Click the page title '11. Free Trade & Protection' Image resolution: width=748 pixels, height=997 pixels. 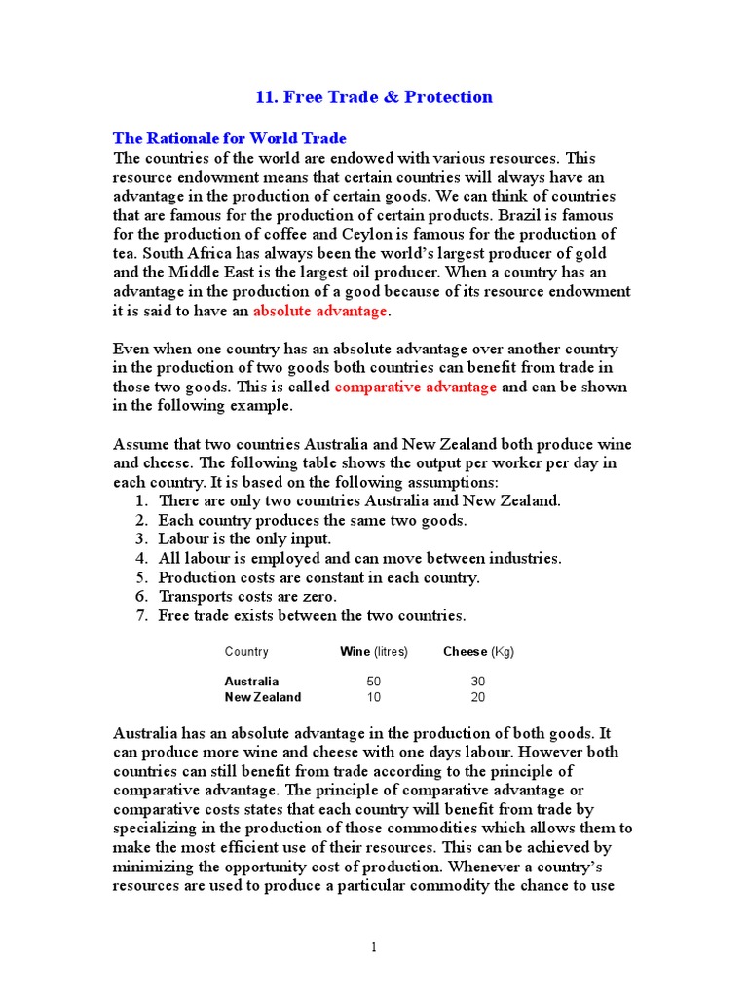point(374,96)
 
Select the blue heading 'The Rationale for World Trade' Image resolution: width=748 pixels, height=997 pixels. point(230,138)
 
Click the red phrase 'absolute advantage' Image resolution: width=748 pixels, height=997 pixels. point(320,311)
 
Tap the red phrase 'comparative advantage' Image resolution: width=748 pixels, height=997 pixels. point(416,387)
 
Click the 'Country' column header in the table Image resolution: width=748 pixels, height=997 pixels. point(246,652)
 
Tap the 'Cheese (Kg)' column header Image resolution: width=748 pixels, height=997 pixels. point(478,652)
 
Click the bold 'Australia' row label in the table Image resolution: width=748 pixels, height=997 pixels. point(251,682)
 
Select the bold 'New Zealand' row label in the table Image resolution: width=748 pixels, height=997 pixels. point(263,697)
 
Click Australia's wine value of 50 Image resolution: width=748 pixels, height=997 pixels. point(374,682)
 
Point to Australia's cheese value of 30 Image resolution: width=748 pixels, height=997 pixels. point(477,682)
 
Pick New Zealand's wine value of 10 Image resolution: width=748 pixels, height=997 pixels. point(374,697)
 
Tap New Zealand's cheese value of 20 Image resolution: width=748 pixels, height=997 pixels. point(477,697)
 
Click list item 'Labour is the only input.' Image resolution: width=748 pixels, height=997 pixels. point(244,538)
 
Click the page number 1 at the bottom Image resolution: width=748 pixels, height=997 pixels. point(374,947)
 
